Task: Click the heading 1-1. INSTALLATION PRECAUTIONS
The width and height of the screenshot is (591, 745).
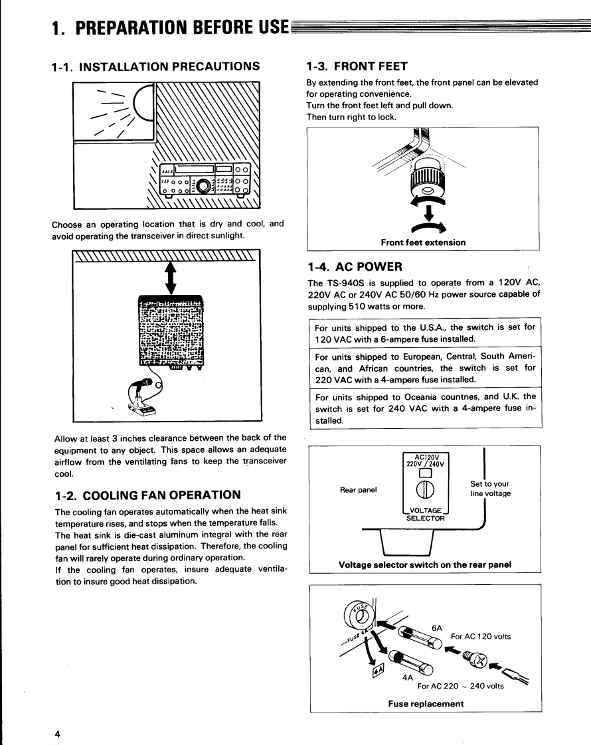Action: (x=155, y=66)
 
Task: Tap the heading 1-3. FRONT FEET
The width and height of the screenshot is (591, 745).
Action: (x=357, y=66)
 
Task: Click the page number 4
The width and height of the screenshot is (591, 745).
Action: (x=58, y=733)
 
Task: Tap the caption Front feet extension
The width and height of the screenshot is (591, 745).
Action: (x=423, y=242)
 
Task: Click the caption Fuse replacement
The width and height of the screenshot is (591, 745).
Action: (x=426, y=704)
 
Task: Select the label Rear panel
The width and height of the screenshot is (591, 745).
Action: (x=358, y=490)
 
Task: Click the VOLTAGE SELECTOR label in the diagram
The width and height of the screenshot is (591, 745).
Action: (x=426, y=514)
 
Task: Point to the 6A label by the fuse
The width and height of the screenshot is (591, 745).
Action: (x=437, y=627)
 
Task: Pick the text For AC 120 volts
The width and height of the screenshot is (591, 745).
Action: (x=481, y=637)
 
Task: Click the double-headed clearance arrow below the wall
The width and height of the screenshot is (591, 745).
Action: (x=170, y=276)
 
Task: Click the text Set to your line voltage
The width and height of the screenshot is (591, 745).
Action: (x=490, y=489)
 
